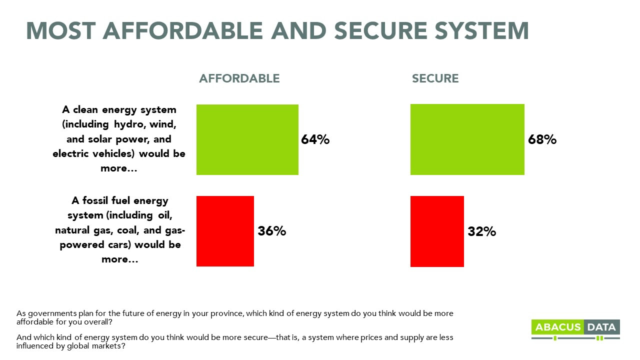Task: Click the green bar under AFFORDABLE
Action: (x=247, y=139)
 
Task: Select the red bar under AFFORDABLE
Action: (x=225, y=231)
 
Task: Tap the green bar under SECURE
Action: (x=467, y=139)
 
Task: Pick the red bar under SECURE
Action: (x=437, y=231)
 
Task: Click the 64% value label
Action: (x=315, y=139)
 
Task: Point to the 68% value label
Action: (x=542, y=139)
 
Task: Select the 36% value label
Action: (x=271, y=231)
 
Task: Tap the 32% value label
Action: (x=481, y=231)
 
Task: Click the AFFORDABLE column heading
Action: (x=239, y=78)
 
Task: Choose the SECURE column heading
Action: (x=435, y=78)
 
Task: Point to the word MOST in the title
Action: (x=60, y=30)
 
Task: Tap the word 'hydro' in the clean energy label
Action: (x=127, y=123)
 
